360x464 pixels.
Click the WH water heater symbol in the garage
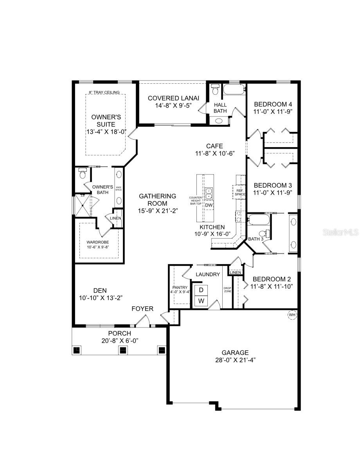(292, 315)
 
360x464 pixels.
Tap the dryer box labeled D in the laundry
(201, 290)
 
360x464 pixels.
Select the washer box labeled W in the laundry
(201, 301)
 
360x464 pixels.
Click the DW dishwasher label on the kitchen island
(209, 205)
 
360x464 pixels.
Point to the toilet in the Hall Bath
(215, 91)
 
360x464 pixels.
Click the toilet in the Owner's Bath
(82, 173)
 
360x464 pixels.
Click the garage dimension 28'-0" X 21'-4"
(235, 360)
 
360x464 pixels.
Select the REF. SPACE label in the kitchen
(240, 192)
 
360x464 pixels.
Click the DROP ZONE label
(227, 290)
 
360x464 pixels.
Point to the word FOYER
(142, 309)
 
